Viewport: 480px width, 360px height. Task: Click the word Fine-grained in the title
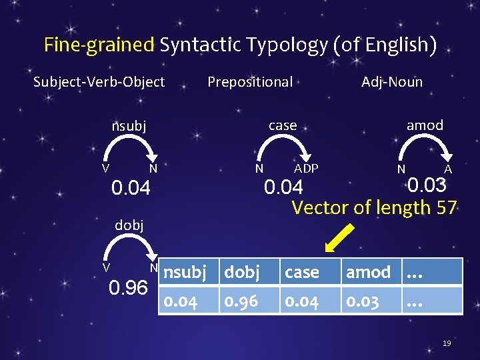point(99,45)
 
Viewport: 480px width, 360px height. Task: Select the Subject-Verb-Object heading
point(99,82)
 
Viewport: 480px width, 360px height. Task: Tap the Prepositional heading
point(250,82)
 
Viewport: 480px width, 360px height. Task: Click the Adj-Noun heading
point(392,82)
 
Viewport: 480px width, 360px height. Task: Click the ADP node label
point(306,168)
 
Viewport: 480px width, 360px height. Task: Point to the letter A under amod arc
point(449,169)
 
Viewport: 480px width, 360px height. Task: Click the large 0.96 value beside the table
point(129,287)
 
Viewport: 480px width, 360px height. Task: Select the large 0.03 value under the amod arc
point(426,185)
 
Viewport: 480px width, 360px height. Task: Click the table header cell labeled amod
point(369,272)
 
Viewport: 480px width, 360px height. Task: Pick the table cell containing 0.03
point(369,301)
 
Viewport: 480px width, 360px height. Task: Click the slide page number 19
point(447,343)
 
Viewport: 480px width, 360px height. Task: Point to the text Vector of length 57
point(374,207)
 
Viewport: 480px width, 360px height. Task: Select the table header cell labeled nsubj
point(190,272)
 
